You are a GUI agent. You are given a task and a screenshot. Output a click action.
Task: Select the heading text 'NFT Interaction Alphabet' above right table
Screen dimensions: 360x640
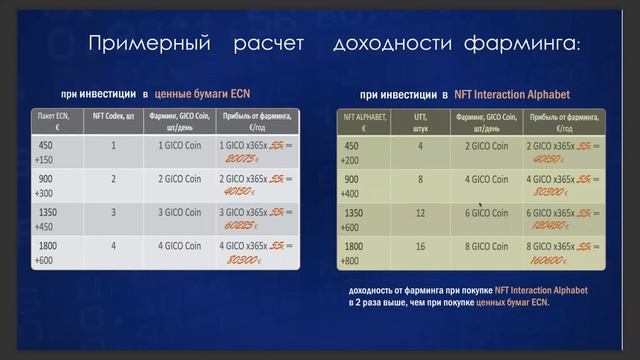point(512,93)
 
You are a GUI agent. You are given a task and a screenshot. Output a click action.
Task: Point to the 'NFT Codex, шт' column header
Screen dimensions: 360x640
point(113,117)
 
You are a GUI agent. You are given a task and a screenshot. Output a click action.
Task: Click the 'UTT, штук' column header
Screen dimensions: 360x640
point(420,122)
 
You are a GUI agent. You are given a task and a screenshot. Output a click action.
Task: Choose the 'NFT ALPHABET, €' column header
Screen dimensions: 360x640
point(363,122)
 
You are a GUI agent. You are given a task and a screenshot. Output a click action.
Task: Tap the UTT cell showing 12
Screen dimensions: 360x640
point(420,212)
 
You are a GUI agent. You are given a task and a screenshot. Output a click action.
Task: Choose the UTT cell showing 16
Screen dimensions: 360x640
point(420,245)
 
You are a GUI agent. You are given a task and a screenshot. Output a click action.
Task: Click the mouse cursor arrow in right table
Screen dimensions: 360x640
point(481,207)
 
